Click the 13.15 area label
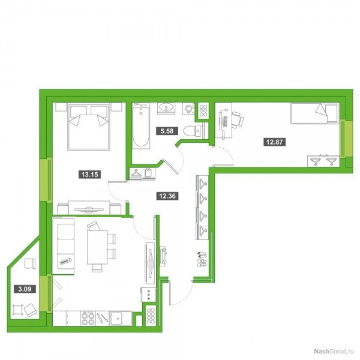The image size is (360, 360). point(90,174)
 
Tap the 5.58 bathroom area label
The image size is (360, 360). point(167,131)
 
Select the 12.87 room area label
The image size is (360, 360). point(274,142)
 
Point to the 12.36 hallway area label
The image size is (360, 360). point(167,196)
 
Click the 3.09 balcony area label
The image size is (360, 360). point(25,289)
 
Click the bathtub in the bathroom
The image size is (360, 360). point(141,125)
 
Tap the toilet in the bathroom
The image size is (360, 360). point(193,131)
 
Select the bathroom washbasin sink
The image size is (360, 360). point(166,108)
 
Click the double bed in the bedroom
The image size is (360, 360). point(88,127)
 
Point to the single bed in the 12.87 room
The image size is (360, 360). point(315,113)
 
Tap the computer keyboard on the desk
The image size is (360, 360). point(225,122)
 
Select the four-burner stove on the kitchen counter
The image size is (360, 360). point(88,318)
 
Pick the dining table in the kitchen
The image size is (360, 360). point(97,247)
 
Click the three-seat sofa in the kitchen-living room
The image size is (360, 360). point(64,246)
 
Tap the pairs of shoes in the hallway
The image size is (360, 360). point(202,259)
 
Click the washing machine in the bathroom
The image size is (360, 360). point(189,109)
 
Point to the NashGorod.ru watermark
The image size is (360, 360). point(333,351)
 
